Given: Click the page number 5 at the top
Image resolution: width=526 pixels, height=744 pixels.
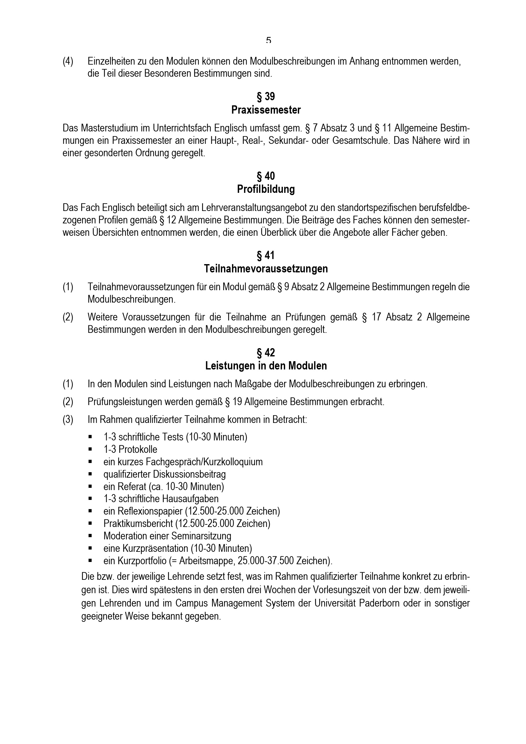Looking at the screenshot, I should click(268, 40).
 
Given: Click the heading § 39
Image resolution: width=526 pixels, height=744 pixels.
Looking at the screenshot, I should click(266, 96).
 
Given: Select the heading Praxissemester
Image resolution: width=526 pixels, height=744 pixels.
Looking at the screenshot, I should click(266, 110).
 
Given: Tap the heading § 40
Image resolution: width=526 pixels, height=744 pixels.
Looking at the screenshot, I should click(266, 176).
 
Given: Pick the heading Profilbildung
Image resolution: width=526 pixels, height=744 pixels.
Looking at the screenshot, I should click(266, 189).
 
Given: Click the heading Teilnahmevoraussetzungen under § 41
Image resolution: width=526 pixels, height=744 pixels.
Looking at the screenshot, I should click(266, 269).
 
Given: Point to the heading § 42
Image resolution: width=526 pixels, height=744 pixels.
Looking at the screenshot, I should click(266, 352).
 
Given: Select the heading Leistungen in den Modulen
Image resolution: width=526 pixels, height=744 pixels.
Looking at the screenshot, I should click(266, 366).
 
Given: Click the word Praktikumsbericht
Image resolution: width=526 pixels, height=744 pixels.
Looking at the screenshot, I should click(138, 523).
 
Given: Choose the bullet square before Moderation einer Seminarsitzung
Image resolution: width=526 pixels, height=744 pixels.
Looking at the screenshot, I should click(90, 536).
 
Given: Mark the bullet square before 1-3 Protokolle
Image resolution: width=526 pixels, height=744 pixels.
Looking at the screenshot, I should click(90, 449).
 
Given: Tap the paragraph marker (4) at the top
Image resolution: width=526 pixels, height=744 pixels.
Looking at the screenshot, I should click(68, 61).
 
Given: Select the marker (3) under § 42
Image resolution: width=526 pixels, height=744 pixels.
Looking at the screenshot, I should click(68, 420).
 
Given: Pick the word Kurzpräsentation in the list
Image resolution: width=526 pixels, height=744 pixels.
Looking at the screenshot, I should click(155, 548).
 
